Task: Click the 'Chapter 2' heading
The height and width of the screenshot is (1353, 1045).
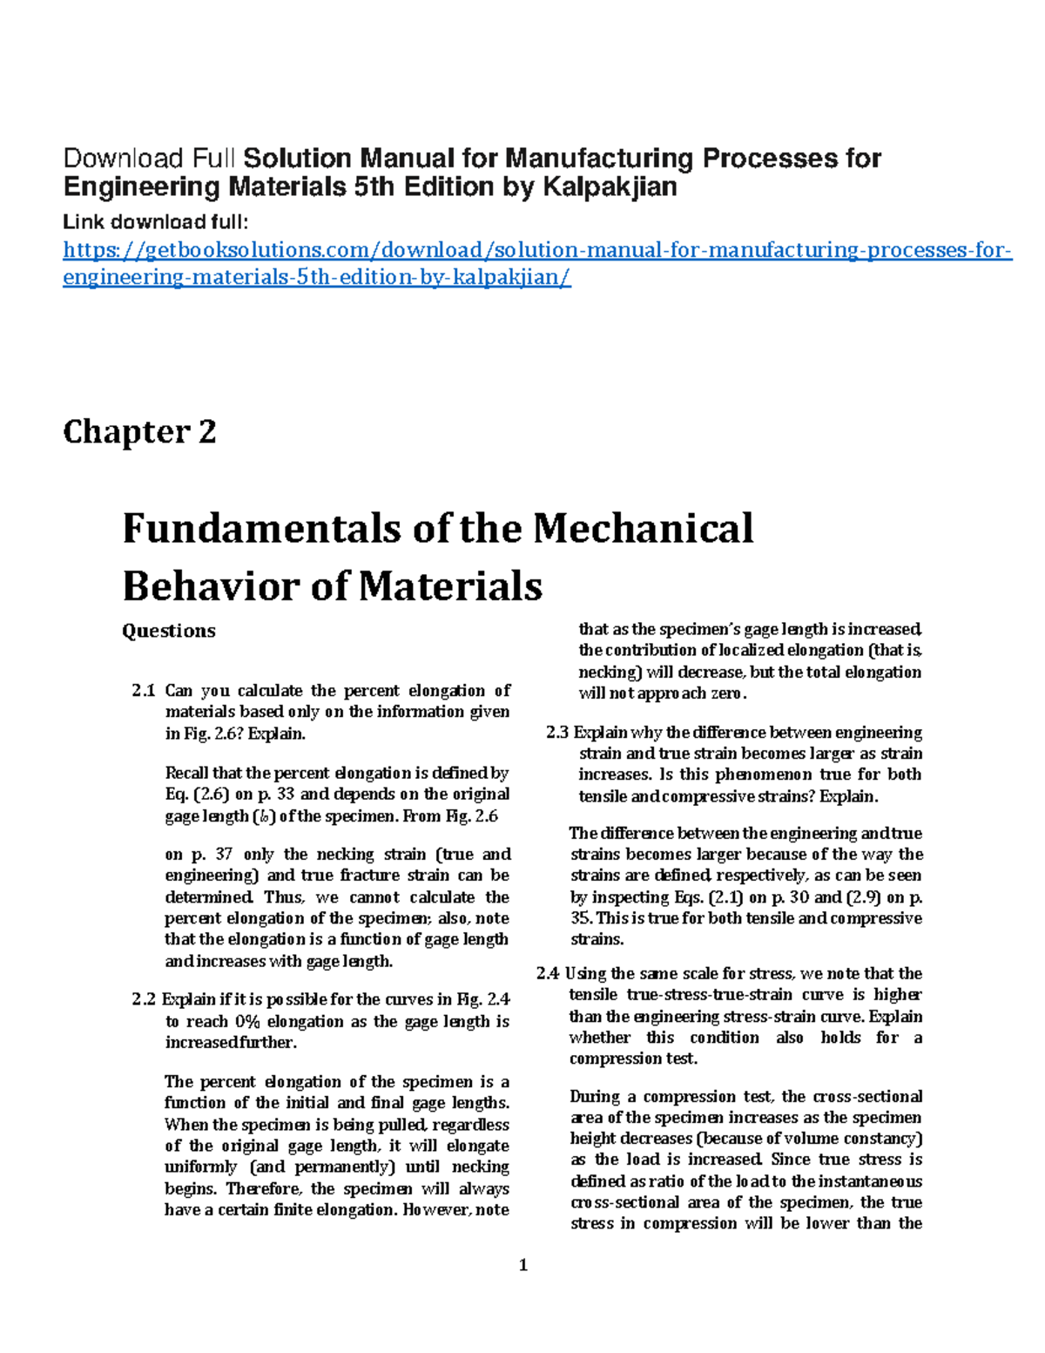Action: click(x=139, y=432)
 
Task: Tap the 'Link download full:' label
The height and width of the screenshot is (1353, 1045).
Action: click(x=156, y=221)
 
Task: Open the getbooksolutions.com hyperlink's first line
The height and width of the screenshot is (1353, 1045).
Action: click(x=537, y=251)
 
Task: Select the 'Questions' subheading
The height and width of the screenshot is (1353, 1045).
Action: click(x=168, y=631)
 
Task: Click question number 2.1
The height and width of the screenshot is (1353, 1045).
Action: click(x=144, y=691)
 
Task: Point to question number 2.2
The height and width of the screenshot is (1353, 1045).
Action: click(x=144, y=1000)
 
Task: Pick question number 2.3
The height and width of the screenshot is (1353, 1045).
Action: click(x=557, y=733)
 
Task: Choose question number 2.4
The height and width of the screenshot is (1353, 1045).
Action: click(x=548, y=974)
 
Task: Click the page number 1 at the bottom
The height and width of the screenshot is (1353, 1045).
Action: click(x=523, y=1266)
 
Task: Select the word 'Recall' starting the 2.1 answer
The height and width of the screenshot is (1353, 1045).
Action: click(x=186, y=774)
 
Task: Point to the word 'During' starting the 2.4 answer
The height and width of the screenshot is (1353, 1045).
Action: click(x=595, y=1097)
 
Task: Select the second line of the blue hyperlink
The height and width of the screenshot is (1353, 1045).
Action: click(x=317, y=278)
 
